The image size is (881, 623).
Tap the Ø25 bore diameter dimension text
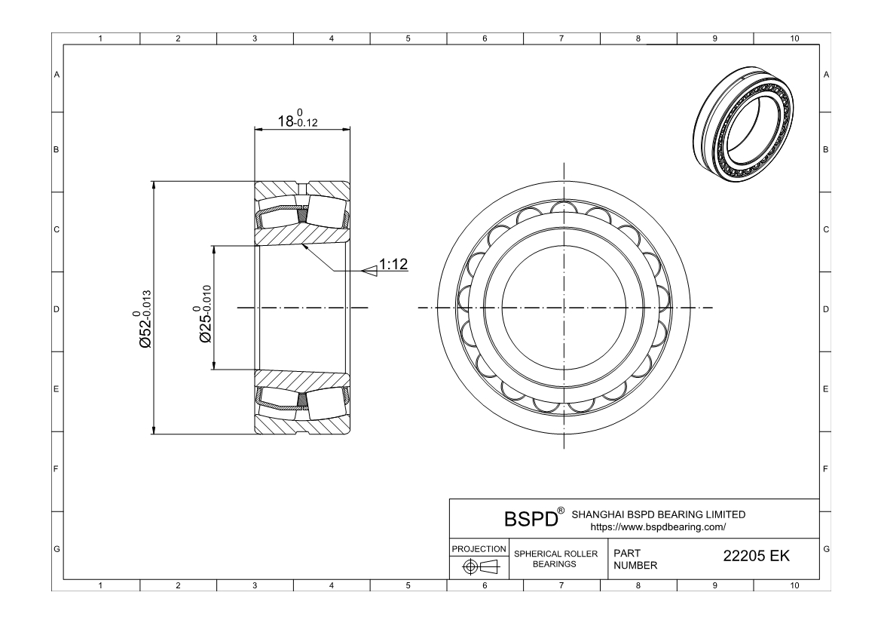coord(205,314)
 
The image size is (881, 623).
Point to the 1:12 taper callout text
coord(393,265)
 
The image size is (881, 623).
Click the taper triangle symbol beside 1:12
coord(369,270)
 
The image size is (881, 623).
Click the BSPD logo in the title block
coord(531,519)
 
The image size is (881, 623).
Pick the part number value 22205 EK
coord(756,556)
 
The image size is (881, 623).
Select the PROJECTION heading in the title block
coord(479,548)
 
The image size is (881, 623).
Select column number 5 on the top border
coord(408,38)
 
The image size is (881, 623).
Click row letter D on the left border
coord(56,309)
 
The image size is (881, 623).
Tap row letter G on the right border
coord(827,548)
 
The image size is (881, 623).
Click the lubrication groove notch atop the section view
coord(301,186)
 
